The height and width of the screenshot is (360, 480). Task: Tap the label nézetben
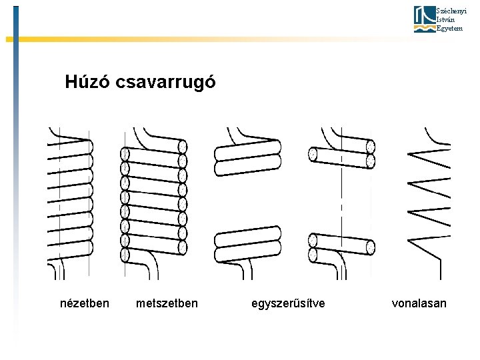pos(85,303)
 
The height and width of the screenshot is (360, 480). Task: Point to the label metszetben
pos(167,303)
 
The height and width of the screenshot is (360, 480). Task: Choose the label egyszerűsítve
pos(289,303)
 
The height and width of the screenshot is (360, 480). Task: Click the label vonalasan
pos(419,303)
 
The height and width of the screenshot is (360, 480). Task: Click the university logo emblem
pos(423,19)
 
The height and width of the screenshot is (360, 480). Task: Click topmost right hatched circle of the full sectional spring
pos(183,147)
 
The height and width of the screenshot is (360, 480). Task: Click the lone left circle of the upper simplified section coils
pos(312,154)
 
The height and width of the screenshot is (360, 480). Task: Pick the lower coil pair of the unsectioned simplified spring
pos(247,241)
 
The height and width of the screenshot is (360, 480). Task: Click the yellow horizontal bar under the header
pos(200,39)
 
